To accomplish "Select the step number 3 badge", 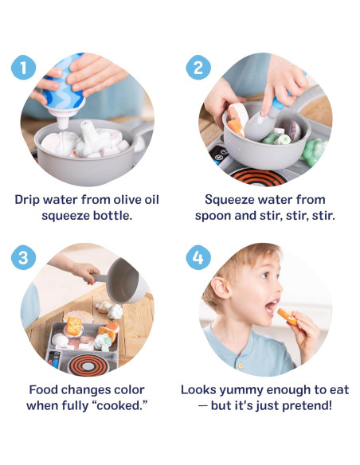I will pyautogui.click(x=24, y=258).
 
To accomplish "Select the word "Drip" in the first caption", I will pyautogui.click(x=29, y=199).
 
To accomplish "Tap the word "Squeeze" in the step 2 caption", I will pyautogui.click(x=232, y=199).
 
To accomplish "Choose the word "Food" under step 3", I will pyautogui.click(x=44, y=390).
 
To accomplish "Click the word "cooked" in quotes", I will pyautogui.click(x=123, y=406).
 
